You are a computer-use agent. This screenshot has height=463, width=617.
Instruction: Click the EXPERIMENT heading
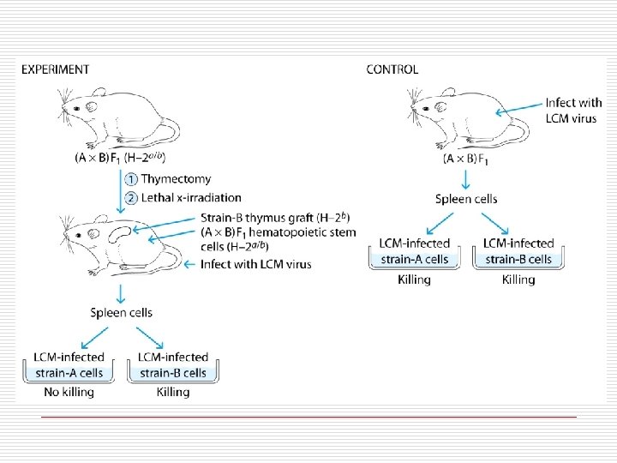(x=55, y=69)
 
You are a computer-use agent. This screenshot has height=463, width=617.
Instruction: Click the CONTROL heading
(x=392, y=69)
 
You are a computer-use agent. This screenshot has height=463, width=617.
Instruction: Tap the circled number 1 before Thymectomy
(x=130, y=180)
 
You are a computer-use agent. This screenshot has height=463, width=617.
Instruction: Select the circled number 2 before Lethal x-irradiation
(x=130, y=197)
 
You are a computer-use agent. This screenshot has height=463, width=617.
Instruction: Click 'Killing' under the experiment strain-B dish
(x=173, y=392)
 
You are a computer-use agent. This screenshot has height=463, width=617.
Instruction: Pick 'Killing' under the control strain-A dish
(x=415, y=280)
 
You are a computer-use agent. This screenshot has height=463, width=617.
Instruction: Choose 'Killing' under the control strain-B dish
(x=518, y=280)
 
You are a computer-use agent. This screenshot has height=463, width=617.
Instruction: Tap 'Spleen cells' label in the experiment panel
(x=121, y=313)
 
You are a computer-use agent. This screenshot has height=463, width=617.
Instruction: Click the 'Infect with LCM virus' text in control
(x=573, y=111)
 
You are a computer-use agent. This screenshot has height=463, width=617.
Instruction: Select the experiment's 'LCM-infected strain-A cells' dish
(x=69, y=366)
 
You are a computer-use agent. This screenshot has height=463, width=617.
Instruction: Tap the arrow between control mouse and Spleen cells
(x=464, y=178)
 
